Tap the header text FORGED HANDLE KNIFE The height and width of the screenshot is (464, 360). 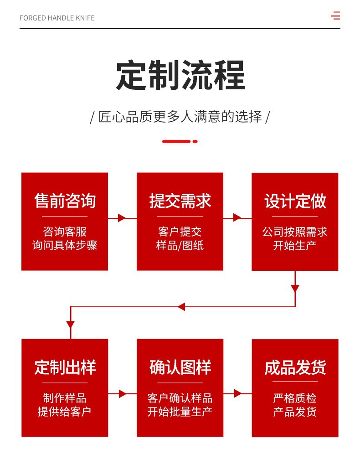(57, 18)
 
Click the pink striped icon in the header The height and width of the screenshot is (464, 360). (335, 16)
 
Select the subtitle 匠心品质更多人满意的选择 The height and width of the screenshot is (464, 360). (180, 117)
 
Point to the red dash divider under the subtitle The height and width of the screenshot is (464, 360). (180, 141)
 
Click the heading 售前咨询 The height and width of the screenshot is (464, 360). (65, 201)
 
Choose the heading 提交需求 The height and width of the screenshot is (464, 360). (180, 201)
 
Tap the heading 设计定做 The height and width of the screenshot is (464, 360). (295, 201)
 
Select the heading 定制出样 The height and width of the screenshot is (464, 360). (65, 367)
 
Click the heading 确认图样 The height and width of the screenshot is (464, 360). (180, 367)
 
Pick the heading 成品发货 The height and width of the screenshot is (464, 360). (295, 367)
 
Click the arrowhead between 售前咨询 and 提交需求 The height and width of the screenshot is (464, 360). (122, 218)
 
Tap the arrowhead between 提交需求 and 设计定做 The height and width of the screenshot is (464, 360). (237, 218)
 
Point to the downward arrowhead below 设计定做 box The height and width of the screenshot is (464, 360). (295, 289)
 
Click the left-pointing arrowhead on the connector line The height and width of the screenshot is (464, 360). (181, 307)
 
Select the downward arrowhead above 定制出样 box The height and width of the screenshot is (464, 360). (70, 325)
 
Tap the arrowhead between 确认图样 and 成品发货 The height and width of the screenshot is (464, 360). (237, 393)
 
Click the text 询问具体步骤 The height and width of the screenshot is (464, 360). (65, 246)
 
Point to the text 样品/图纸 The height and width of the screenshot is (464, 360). (180, 246)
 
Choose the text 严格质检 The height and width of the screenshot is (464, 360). (295, 398)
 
